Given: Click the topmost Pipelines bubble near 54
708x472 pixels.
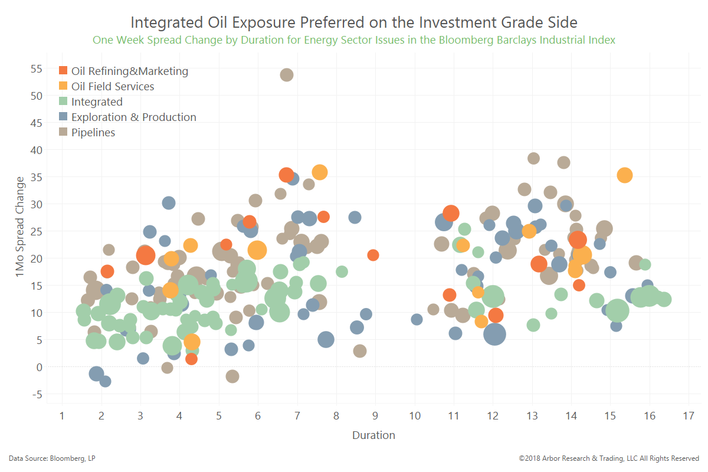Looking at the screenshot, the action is (x=286, y=75).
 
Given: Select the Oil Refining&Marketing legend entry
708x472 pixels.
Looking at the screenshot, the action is (x=123, y=71).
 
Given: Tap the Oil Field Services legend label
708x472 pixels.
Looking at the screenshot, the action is (x=113, y=86).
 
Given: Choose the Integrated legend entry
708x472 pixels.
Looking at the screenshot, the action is (x=91, y=101).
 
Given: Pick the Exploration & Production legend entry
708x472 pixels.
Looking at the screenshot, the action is (x=127, y=117).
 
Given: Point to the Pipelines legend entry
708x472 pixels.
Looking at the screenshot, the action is (x=87, y=132).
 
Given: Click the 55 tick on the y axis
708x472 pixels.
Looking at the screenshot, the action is (x=37, y=68).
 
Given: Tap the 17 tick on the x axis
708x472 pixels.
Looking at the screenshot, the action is (x=689, y=415).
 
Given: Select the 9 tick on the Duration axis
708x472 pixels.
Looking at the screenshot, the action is (x=375, y=415).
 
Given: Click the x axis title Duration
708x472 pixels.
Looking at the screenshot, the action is (x=373, y=435).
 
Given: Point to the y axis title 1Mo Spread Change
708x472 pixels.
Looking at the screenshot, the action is (x=20, y=227).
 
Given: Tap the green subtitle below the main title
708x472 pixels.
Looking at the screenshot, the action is (x=353, y=40).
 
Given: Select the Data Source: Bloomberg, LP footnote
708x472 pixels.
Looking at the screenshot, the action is (x=52, y=458).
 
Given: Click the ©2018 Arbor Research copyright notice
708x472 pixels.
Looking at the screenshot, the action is (x=609, y=458).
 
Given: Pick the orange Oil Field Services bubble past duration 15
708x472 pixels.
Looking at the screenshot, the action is (x=625, y=175).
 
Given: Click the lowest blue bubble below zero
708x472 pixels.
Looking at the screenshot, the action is (x=105, y=381).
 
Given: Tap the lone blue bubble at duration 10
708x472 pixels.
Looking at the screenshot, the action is (x=417, y=319).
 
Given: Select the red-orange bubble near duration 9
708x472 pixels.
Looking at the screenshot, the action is (x=373, y=255).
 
